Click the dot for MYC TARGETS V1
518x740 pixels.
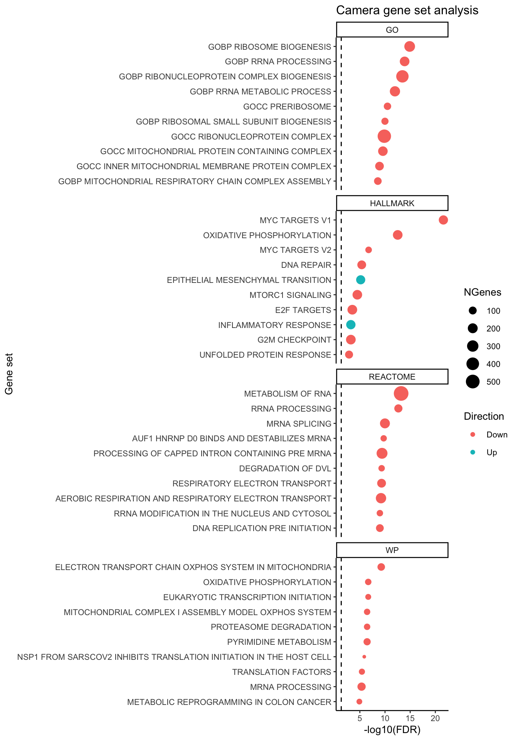[443, 220]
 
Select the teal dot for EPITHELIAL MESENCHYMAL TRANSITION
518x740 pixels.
[361, 280]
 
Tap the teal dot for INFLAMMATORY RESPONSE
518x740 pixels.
[351, 325]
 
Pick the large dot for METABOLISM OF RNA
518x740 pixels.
[401, 394]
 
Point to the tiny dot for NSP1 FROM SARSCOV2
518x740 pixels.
[364, 657]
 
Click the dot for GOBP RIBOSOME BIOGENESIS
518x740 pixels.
[410, 47]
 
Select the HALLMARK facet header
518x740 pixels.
[392, 203]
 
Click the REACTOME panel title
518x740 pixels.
[392, 377]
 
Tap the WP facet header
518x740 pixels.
[392, 550]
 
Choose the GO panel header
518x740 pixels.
[392, 30]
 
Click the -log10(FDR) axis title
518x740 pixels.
[392, 730]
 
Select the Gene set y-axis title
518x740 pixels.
[9, 374]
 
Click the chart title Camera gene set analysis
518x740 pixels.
[407, 10]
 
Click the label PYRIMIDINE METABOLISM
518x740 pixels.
[279, 642]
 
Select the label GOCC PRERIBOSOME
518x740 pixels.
[287, 107]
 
